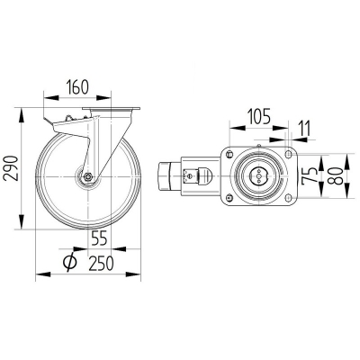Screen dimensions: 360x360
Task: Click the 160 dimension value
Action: (77, 87)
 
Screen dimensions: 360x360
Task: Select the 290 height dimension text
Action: (12, 168)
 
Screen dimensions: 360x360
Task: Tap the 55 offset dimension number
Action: (99, 238)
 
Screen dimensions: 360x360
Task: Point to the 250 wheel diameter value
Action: (102, 264)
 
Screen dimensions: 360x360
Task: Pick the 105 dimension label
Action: (258, 116)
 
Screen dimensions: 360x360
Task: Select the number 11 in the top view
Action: (305, 129)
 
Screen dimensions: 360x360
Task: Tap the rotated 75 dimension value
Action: (310, 175)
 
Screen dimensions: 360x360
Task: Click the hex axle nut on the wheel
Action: (88, 176)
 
